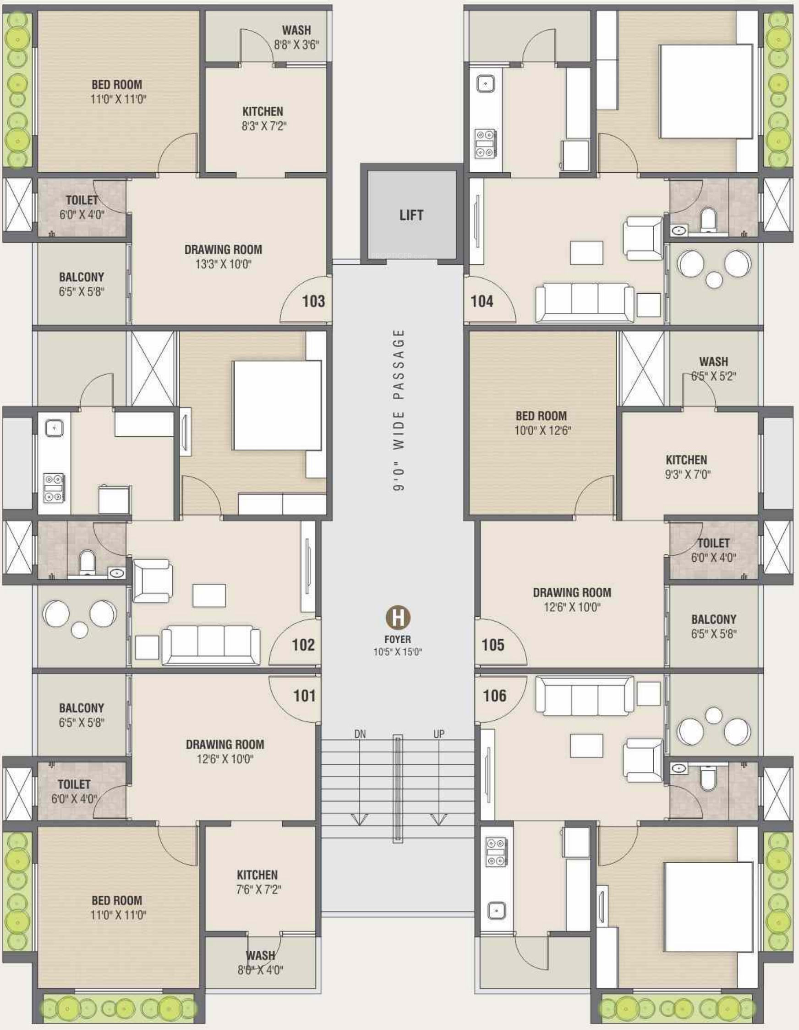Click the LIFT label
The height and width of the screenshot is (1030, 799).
(x=411, y=215)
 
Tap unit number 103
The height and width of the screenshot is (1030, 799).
(x=314, y=301)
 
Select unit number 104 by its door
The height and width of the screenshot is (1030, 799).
(x=482, y=301)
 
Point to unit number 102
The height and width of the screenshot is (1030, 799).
(x=303, y=644)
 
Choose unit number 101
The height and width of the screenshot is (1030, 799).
(x=304, y=695)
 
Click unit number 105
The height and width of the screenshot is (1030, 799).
(x=493, y=644)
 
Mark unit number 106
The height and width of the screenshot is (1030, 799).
(x=494, y=695)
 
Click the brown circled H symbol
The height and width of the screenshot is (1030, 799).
(x=398, y=617)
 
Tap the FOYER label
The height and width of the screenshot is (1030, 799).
(x=398, y=640)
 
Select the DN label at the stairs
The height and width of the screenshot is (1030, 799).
(x=360, y=734)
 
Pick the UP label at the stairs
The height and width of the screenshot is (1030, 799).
(x=438, y=734)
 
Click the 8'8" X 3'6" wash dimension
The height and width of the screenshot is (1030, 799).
(x=297, y=45)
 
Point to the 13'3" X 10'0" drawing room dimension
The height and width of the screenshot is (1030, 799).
(x=223, y=264)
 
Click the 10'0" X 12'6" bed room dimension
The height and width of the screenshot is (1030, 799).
(x=542, y=430)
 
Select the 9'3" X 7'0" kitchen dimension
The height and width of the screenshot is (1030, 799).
(x=688, y=474)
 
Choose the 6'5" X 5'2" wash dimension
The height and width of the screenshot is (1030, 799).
(x=714, y=376)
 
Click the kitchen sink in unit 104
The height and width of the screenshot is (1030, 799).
(x=485, y=84)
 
